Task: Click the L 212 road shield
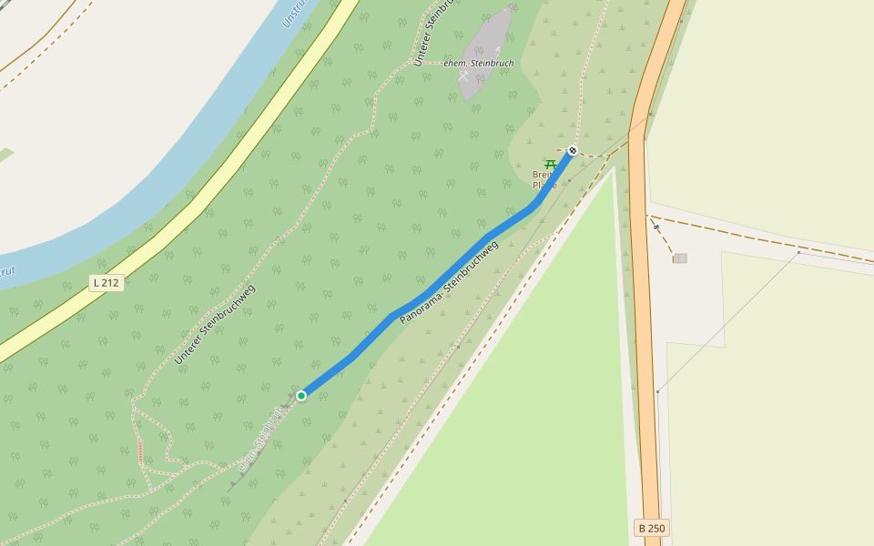(107, 283)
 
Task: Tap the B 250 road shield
(652, 528)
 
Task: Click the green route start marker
(300, 395)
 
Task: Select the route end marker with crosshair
(573, 150)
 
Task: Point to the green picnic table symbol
(550, 164)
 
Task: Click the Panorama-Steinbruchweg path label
(449, 283)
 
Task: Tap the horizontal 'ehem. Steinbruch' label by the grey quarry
(479, 63)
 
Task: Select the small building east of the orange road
(680, 258)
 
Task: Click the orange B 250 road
(647, 364)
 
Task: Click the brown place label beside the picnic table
(544, 179)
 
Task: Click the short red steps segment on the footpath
(140, 450)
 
